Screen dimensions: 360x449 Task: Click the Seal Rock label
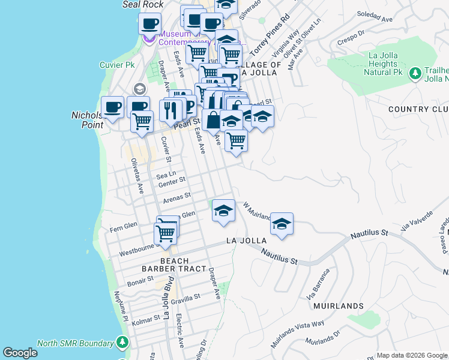[143, 4]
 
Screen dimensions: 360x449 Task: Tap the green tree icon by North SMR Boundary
[122, 342]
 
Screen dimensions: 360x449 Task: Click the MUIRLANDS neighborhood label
[338, 306]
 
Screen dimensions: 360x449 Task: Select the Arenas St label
[178, 196]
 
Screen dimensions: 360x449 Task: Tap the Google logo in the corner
[20, 353]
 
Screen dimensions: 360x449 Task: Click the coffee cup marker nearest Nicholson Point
[112, 108]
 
